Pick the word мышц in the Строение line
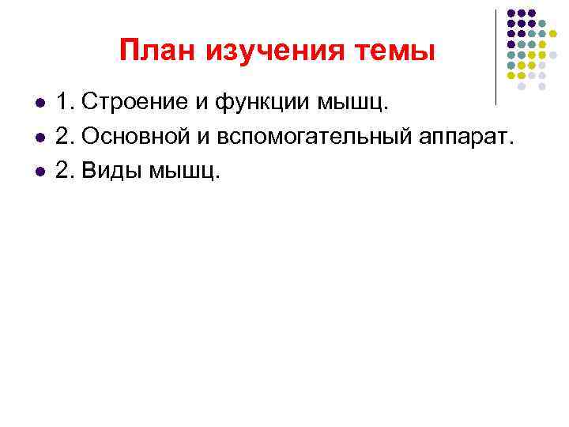coord(354,103)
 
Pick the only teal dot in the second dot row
coord(543,24)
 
